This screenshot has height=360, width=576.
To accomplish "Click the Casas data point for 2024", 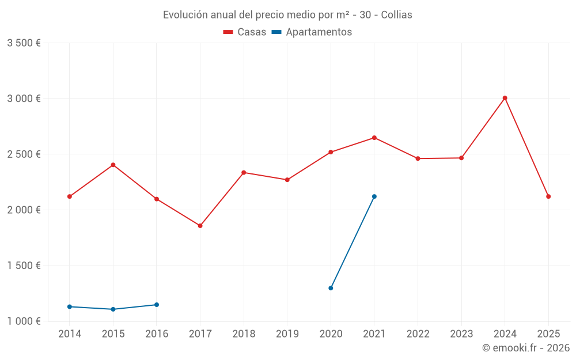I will (x=505, y=98).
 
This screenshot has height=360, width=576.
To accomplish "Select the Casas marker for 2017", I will (x=200, y=226).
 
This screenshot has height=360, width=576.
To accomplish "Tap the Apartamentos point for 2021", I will (x=374, y=196).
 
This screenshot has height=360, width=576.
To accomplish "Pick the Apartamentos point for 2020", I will (x=331, y=288).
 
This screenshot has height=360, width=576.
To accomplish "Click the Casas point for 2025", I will (x=548, y=196).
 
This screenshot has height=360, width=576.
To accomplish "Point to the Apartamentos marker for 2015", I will (x=113, y=309).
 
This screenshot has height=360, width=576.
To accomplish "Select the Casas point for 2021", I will (x=374, y=138).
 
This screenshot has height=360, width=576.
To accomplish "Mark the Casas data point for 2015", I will (x=113, y=165).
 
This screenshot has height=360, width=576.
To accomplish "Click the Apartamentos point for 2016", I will (x=157, y=305).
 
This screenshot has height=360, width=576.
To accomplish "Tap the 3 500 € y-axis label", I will (x=24, y=43).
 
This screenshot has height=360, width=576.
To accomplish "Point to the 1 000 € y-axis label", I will (x=24, y=321).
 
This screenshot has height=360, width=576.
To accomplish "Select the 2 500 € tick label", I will (x=24, y=154).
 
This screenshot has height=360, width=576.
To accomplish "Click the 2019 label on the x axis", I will (x=287, y=334).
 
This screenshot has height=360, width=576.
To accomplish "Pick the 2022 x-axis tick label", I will (x=418, y=334).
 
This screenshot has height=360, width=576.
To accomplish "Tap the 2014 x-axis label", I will (x=70, y=334).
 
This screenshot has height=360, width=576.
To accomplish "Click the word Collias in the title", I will (x=396, y=15).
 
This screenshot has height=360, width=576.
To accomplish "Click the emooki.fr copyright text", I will (x=526, y=348).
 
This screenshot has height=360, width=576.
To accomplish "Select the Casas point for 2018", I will (x=244, y=172).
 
